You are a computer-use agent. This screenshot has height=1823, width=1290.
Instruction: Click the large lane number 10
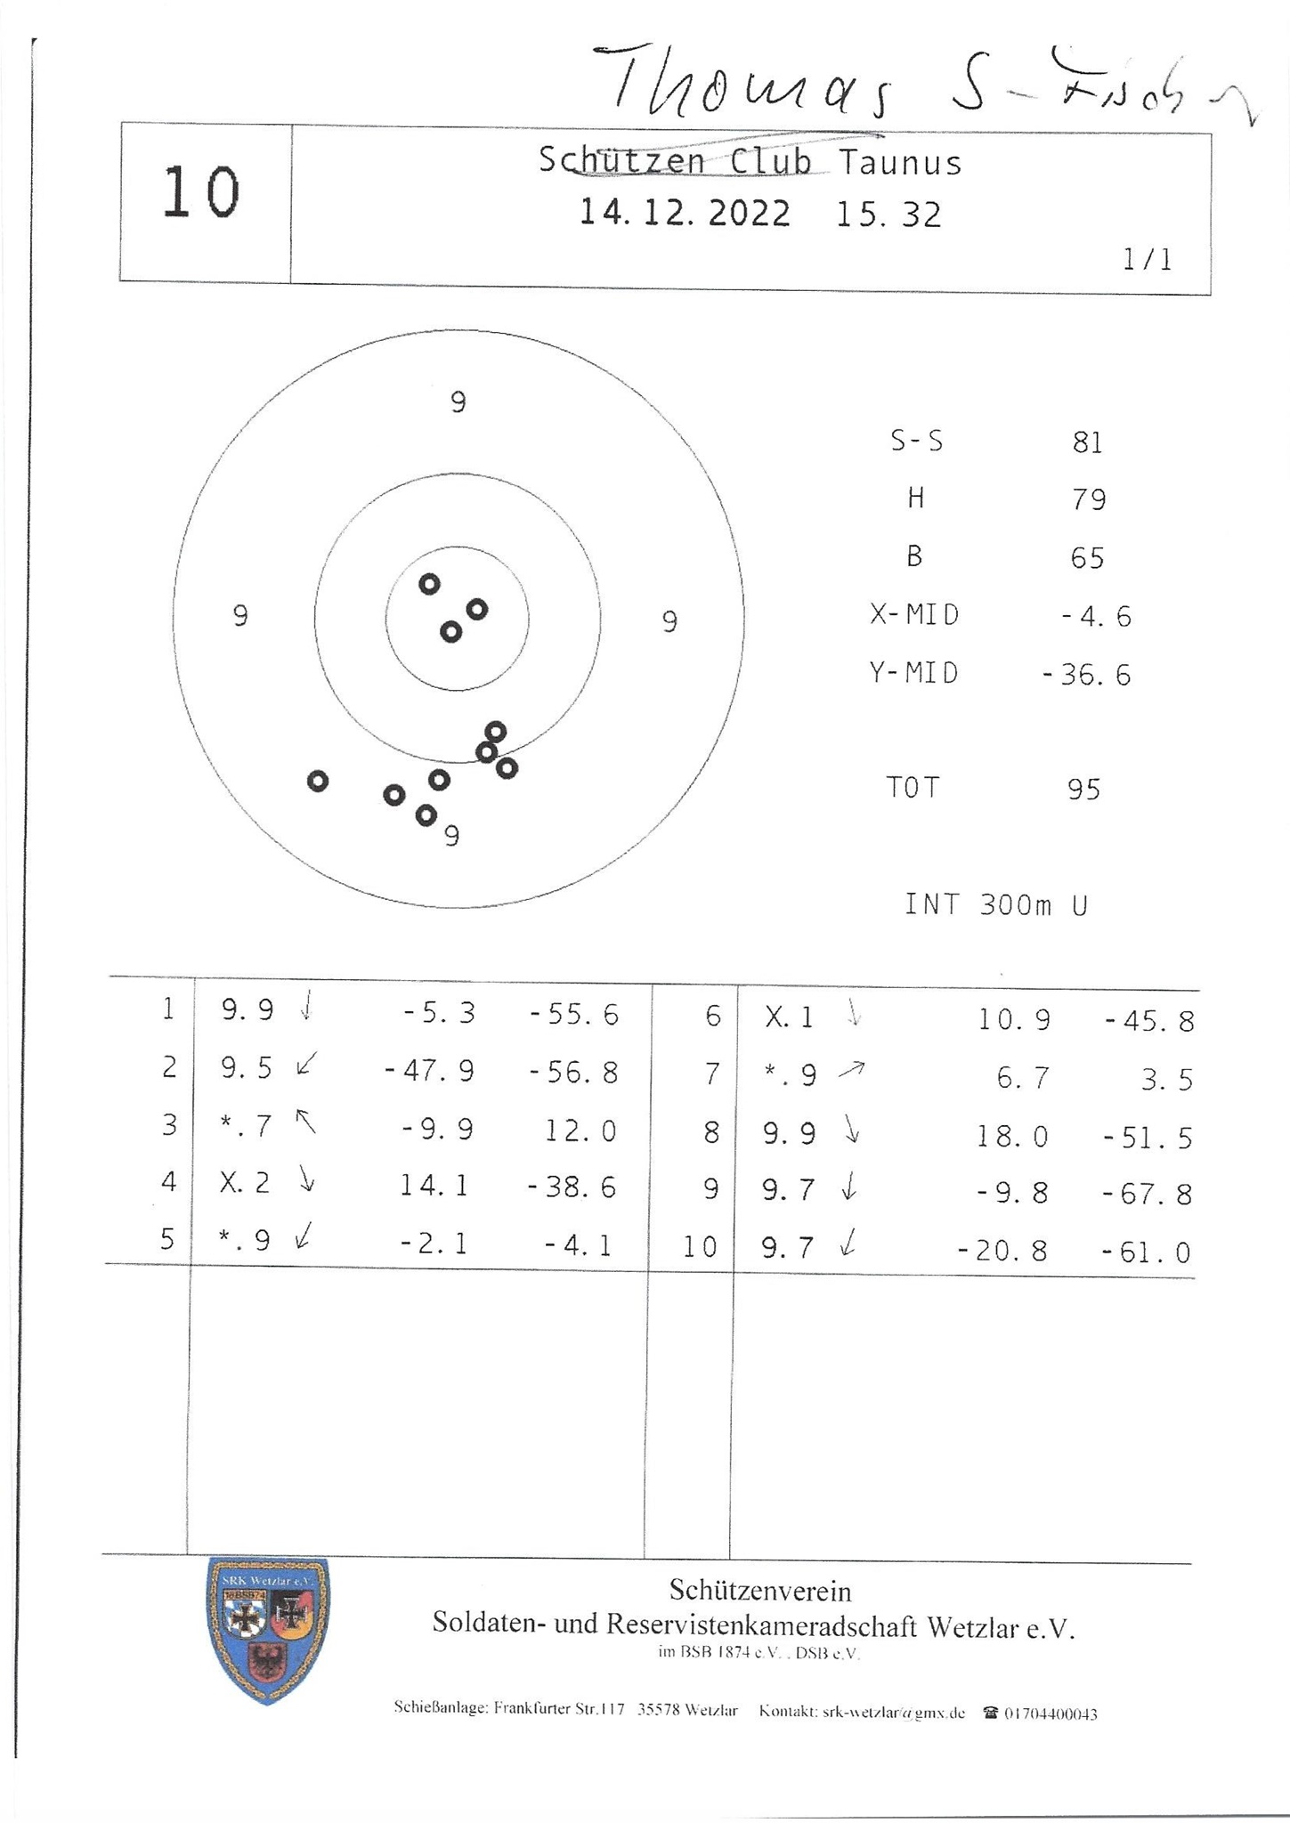[201, 193]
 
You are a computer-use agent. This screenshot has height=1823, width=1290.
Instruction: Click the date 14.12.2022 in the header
[685, 214]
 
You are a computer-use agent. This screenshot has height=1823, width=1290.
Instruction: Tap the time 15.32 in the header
[888, 215]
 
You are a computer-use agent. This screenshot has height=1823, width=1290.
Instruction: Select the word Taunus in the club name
[900, 163]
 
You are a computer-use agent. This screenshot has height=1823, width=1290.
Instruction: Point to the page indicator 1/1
[1148, 260]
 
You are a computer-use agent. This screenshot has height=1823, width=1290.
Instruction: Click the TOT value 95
[1084, 790]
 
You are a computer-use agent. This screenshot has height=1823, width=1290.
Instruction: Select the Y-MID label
[914, 674]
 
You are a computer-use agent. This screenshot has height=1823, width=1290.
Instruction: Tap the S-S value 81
[1088, 442]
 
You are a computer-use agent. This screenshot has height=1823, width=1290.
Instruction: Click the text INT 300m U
[996, 905]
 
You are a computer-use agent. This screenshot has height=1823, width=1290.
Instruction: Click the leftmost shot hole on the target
[318, 781]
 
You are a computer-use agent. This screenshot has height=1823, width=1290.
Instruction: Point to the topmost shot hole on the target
[430, 584]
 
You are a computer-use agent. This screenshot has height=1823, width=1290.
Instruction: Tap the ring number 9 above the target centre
[458, 403]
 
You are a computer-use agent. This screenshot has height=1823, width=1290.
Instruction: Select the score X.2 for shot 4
[246, 1183]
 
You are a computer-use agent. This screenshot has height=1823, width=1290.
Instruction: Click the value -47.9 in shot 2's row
[429, 1071]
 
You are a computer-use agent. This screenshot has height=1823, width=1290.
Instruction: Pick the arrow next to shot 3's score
[306, 1122]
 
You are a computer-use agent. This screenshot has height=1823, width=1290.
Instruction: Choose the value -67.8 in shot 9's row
[1147, 1195]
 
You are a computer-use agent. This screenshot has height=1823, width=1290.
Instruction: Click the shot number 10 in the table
[700, 1247]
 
